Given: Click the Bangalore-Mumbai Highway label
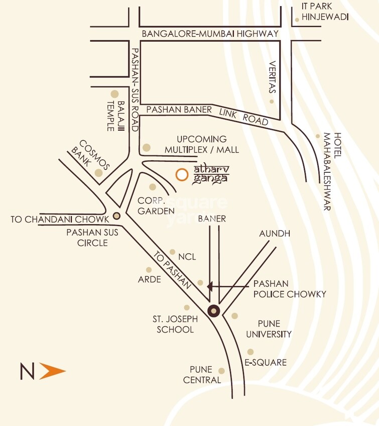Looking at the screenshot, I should (210, 34).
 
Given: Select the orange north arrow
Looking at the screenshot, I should (52, 372).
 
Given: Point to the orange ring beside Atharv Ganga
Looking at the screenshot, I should (182, 175).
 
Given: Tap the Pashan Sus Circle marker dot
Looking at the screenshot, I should (117, 216).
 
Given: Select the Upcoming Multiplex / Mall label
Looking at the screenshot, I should (202, 144).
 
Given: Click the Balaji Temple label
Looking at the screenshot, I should (115, 116).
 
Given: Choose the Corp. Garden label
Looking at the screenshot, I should (155, 205).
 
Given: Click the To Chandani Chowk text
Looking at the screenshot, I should (60, 220).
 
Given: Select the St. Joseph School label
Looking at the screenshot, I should (175, 324).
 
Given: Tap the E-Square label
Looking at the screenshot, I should (265, 362).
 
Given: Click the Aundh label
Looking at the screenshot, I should (275, 234).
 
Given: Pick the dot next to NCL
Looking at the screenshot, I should (173, 252).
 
